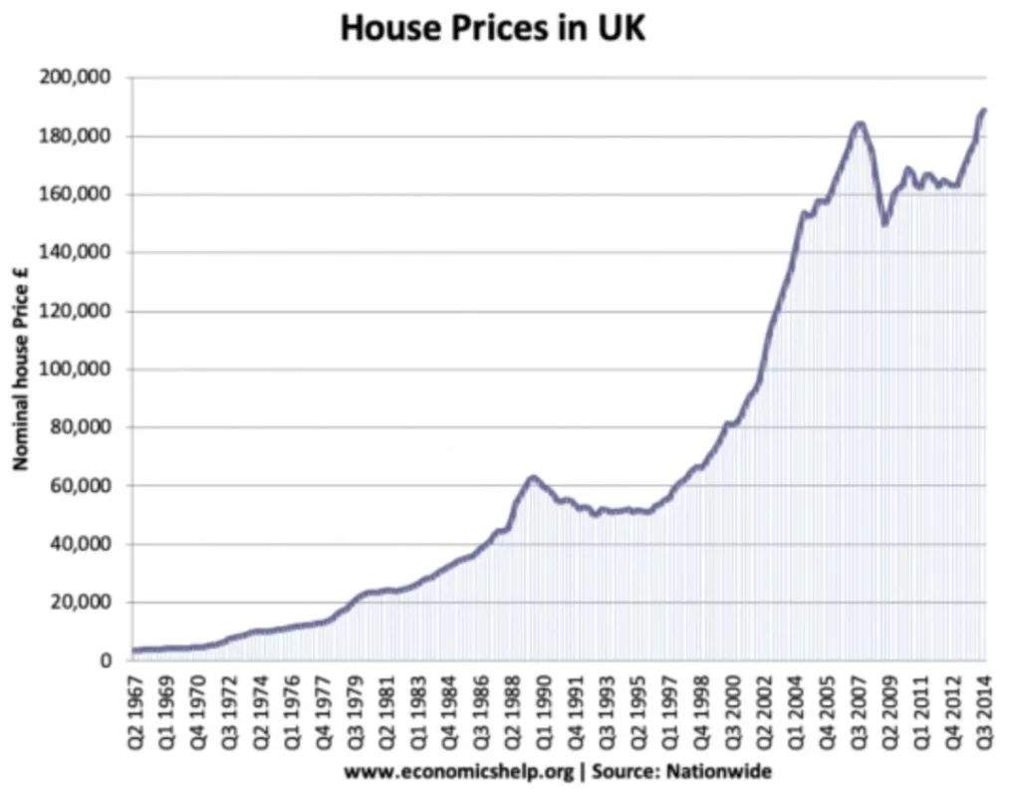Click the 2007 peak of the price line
point(860,124)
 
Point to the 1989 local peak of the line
point(533,478)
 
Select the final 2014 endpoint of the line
point(984,110)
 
